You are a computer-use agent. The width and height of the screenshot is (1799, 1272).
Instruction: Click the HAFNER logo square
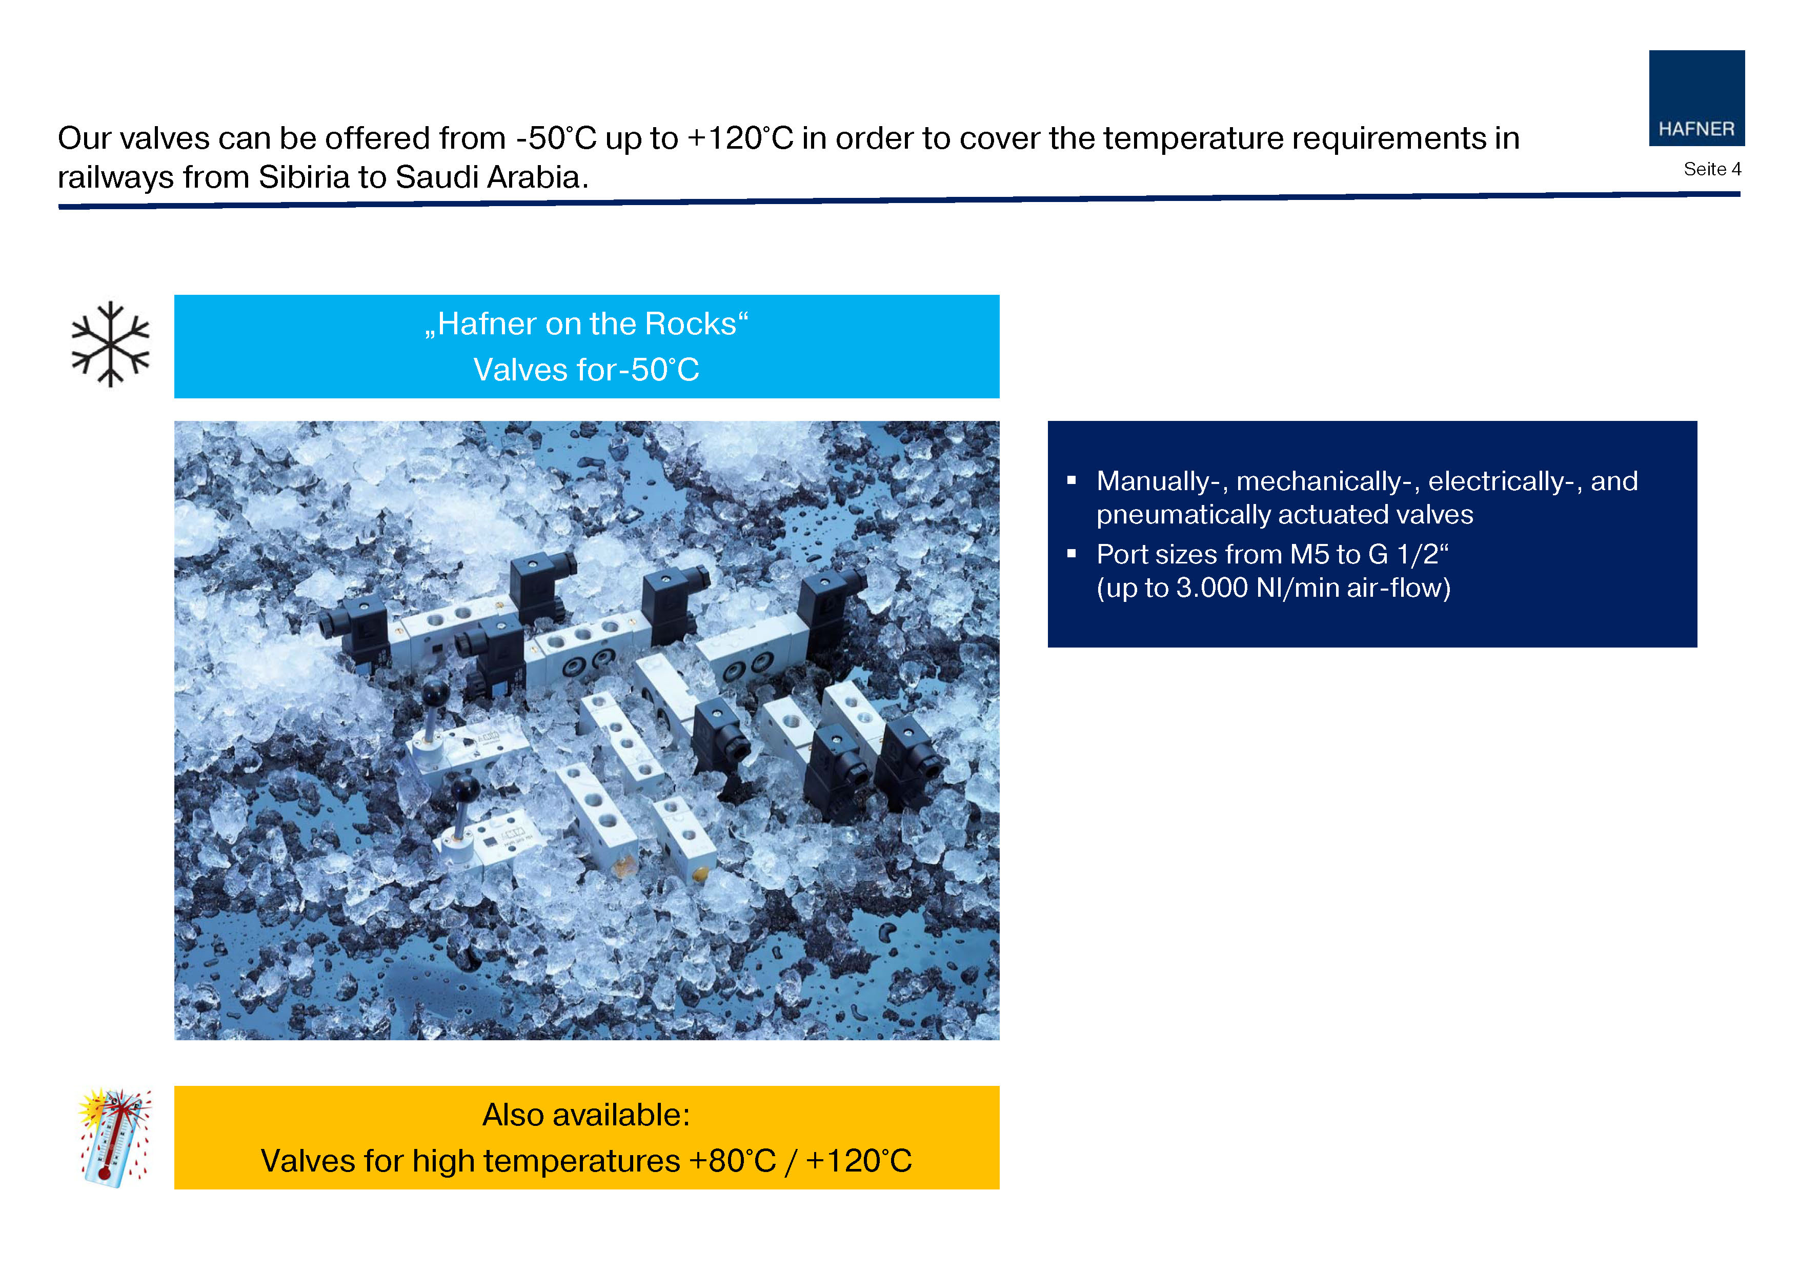(x=1696, y=98)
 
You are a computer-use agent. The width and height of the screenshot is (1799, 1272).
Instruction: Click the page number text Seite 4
(x=1712, y=169)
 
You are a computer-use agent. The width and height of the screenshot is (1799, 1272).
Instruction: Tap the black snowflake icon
(x=110, y=344)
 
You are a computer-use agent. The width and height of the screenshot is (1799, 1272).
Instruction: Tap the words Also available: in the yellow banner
(x=586, y=1115)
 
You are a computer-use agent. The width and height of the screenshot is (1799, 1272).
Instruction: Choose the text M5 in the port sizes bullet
(x=1310, y=554)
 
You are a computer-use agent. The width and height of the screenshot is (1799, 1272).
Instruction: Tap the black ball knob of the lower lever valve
(x=466, y=787)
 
